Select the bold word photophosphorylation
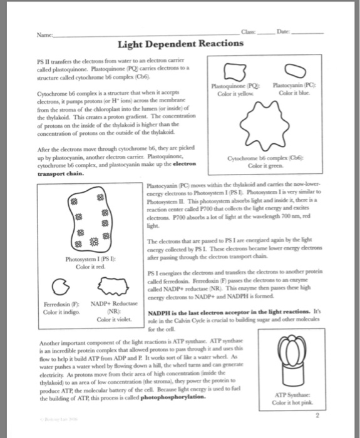coord(168,397)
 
